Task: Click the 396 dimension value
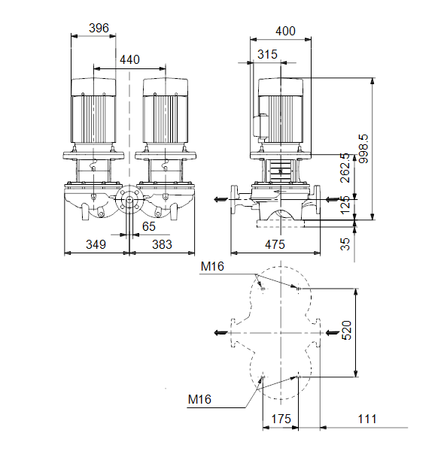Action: click(x=99, y=29)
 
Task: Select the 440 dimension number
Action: click(x=129, y=60)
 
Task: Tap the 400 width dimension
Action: click(x=285, y=31)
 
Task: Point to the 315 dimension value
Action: click(x=267, y=54)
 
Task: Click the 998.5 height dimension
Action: click(x=363, y=149)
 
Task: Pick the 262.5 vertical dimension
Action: click(x=345, y=168)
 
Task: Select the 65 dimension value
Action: click(x=148, y=227)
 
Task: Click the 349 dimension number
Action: click(x=96, y=244)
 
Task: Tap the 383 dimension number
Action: click(x=162, y=244)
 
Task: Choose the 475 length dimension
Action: click(x=275, y=244)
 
